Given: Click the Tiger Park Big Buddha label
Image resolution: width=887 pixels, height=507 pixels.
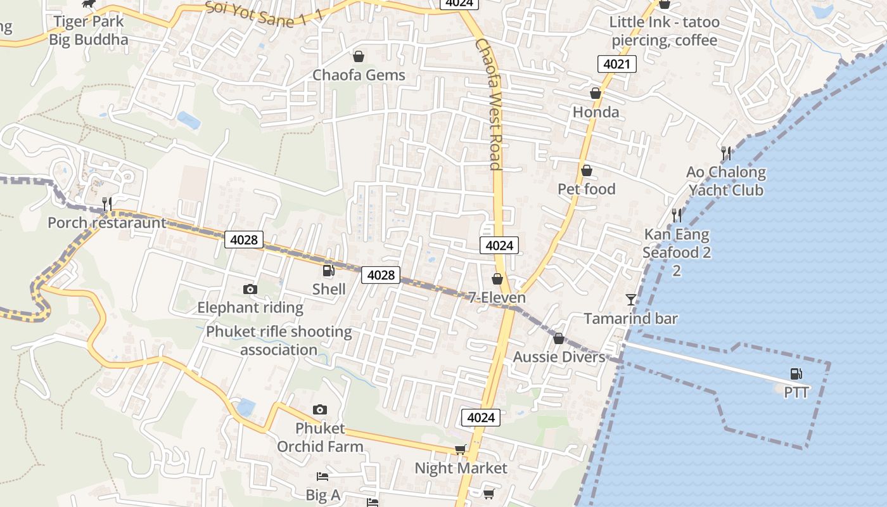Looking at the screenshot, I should click(x=89, y=30).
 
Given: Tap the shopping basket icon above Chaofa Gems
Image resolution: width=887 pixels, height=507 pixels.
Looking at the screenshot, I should click(x=359, y=56).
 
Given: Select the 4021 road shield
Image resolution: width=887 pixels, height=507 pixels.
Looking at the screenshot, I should click(x=616, y=64).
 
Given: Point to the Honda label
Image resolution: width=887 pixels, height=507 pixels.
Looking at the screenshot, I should click(x=596, y=112).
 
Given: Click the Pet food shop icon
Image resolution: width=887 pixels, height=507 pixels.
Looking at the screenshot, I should click(x=587, y=170).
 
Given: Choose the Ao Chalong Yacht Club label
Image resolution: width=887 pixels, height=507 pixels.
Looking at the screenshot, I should click(x=726, y=181).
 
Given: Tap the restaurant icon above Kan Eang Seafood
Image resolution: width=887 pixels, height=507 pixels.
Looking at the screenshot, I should click(x=677, y=215).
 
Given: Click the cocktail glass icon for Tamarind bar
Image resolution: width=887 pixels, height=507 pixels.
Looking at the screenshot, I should click(x=630, y=299).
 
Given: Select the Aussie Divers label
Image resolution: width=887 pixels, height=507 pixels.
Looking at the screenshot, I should click(x=559, y=357).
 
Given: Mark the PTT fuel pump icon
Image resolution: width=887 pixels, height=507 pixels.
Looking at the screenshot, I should click(x=796, y=374).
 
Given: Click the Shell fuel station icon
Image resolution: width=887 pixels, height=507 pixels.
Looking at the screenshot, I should click(x=328, y=271).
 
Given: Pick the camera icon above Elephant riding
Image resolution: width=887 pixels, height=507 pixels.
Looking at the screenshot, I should click(x=250, y=290).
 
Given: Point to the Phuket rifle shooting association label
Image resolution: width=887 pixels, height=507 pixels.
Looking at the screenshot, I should click(x=279, y=340).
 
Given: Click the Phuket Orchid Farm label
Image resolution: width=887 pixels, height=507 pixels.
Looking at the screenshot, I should click(x=320, y=437).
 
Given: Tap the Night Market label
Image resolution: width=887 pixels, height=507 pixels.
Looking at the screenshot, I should click(x=461, y=468).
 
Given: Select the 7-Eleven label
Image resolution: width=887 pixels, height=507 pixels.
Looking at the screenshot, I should click(x=497, y=297).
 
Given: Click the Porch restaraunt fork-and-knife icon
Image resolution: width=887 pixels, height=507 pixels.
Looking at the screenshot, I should click(x=107, y=203).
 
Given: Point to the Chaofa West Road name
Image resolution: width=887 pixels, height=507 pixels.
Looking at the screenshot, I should click(x=488, y=105).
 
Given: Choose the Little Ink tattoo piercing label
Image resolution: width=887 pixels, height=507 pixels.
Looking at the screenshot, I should click(x=665, y=31).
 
